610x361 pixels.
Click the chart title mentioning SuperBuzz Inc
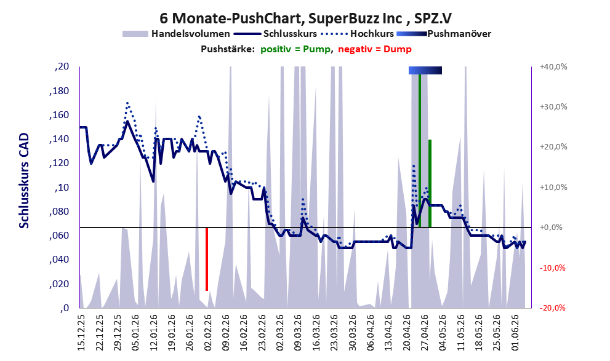tap(306, 18)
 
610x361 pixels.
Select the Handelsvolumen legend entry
tap(176, 34)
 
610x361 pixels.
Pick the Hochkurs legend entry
tap(358, 34)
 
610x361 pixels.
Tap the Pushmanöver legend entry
tap(444, 34)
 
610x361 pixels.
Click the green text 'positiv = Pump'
tap(295, 49)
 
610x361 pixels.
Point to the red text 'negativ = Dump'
tap(375, 49)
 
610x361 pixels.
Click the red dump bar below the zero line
tap(207, 259)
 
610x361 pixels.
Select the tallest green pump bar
tap(420, 151)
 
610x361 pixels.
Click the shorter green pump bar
tap(430, 183)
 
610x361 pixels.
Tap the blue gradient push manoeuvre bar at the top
tap(425, 70)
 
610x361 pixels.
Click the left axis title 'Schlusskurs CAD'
tap(24, 181)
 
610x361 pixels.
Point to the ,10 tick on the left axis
tap(62, 188)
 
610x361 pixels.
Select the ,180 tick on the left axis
tap(59, 91)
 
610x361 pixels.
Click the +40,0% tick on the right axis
tap(553, 67)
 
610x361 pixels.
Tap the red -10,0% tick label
tap(552, 268)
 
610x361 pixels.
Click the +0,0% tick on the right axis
tap(551, 228)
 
